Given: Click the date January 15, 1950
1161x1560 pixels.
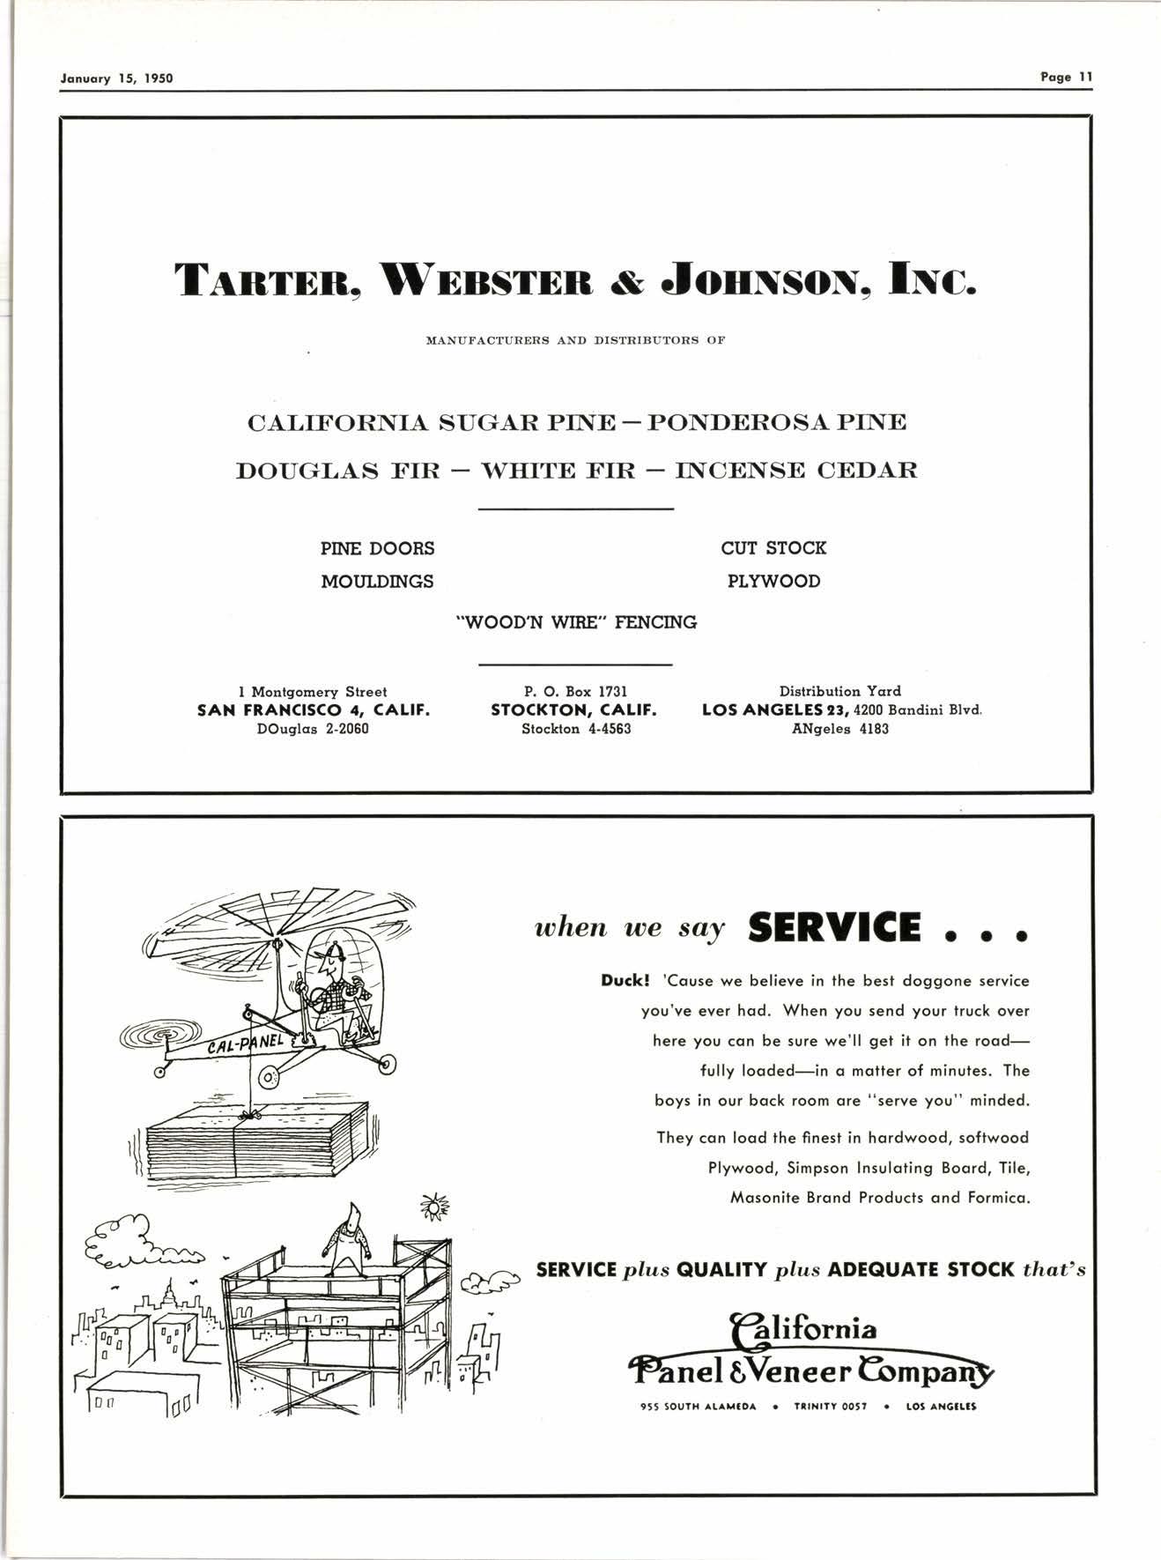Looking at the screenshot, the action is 116,78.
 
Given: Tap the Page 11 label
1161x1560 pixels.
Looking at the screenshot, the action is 1066,77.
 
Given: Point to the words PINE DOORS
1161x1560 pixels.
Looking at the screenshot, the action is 377,548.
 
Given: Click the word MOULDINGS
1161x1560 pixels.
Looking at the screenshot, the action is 377,582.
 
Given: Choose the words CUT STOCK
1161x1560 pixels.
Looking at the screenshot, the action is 773,548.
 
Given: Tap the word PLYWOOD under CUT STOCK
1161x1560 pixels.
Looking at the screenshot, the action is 773,582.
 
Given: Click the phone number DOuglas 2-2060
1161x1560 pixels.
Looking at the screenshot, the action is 314,729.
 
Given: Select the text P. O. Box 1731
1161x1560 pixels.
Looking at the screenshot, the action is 575,692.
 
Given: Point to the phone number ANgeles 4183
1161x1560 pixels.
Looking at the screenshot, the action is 839,729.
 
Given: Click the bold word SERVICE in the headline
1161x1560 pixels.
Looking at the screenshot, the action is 834,928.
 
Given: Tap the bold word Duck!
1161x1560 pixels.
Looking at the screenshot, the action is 625,980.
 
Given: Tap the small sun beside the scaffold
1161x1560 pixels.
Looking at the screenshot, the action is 433,1207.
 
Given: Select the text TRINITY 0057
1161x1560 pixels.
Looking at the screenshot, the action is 831,1407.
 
